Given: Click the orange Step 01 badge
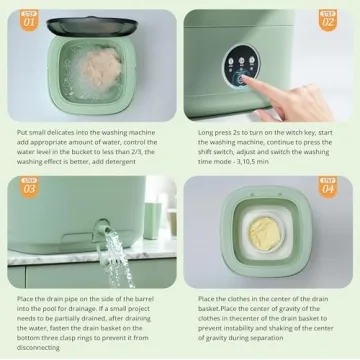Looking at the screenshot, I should tap(29, 18).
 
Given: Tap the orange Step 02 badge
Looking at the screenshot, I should tap(328, 19).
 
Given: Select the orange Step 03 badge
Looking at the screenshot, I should tap(29, 186).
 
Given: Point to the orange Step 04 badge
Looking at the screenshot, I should tap(328, 186).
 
